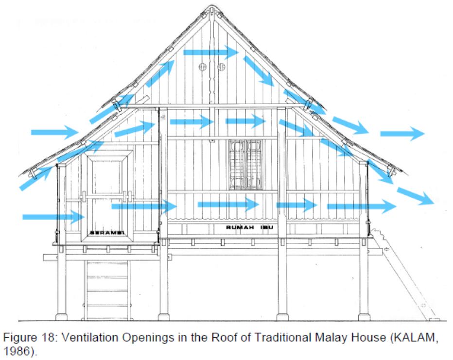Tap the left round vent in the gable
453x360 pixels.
pos(203,67)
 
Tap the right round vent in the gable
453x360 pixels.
pos(221,67)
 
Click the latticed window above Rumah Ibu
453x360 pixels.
pos(245,164)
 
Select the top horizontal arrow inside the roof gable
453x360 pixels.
pos(210,52)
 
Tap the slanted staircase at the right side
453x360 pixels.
pos(403,277)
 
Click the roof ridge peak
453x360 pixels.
pos(211,8)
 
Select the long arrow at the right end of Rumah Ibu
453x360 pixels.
pos(362,206)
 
